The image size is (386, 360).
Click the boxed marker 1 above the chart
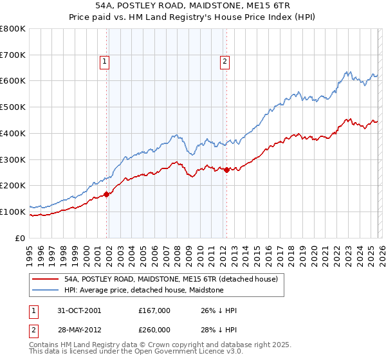coord(104,62)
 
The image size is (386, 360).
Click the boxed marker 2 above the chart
coord(225,62)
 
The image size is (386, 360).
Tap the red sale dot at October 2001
coord(107,194)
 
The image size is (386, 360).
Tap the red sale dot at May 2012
coord(226,170)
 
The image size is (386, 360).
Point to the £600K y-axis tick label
coord(13,81)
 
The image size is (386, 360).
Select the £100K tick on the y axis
coord(13,212)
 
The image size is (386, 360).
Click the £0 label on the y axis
coord(20,238)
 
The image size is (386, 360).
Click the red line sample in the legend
coord(45,279)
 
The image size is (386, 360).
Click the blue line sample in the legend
coord(45,290)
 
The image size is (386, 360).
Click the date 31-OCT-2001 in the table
coord(78,310)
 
